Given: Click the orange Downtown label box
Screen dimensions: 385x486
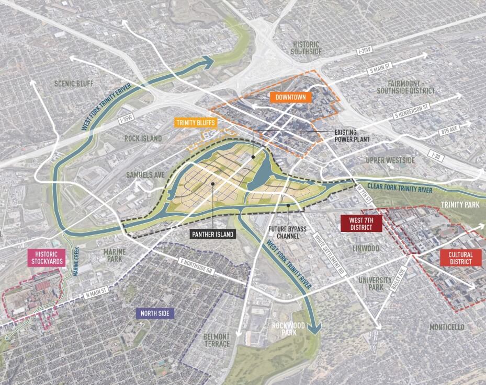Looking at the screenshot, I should point(291,97).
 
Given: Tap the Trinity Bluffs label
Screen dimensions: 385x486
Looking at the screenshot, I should point(195,122).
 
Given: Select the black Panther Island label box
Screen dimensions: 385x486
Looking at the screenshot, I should point(213,234).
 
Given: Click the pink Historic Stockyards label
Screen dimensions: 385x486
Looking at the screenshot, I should point(47,258).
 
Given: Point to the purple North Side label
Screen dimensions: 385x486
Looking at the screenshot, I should point(155,313).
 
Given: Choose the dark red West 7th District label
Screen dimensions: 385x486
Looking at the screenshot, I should point(361,224).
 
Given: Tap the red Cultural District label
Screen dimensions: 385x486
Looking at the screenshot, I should point(460,258).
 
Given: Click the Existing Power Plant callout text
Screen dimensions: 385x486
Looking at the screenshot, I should point(352,136).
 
